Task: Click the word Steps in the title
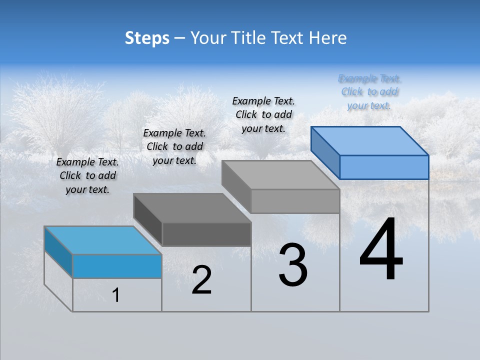[147, 38]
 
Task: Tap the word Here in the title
[327, 38]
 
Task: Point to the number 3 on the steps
[293, 265]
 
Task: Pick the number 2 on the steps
[201, 280]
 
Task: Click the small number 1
[116, 295]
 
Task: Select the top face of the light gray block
[280, 175]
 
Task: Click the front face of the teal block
[117, 266]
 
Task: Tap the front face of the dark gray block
[206, 234]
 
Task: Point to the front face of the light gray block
[295, 201]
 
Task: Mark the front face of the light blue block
[384, 167]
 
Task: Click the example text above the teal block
[87, 175]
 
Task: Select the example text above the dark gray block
[174, 146]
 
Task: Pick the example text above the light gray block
[263, 114]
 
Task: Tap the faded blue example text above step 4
[369, 92]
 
